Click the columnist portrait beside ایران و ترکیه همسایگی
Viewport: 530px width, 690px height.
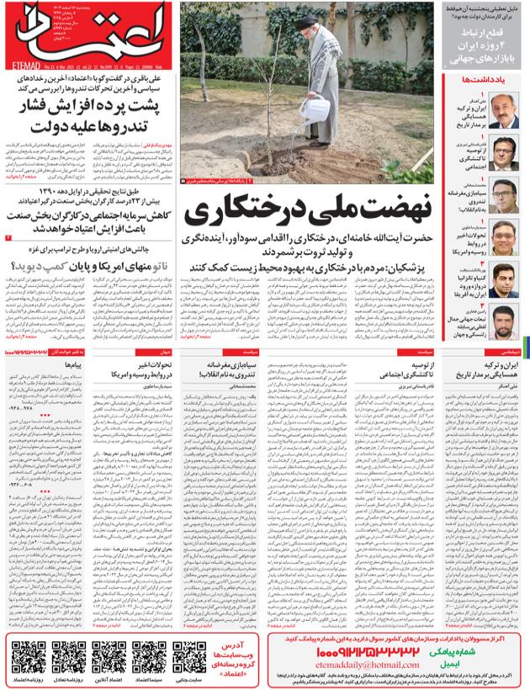pos(505,111)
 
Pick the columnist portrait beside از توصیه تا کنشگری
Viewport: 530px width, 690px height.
pos(505,153)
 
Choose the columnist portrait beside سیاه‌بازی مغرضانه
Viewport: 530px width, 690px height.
pos(505,195)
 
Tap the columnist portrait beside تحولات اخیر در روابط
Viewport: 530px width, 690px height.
pos(505,238)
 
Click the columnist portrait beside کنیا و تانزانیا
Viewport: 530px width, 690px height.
pos(505,281)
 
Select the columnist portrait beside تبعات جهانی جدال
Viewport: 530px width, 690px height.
pos(505,322)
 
